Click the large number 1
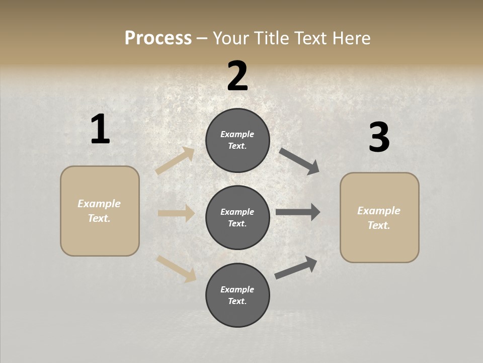pyautogui.click(x=100, y=130)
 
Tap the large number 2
pyautogui.click(x=237, y=76)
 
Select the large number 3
pyautogui.click(x=379, y=138)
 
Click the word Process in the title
pyautogui.click(x=158, y=38)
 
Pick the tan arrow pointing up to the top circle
pyautogui.click(x=175, y=161)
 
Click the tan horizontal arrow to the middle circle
pyautogui.click(x=176, y=213)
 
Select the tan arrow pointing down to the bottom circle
pyautogui.click(x=176, y=268)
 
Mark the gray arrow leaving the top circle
pyautogui.click(x=299, y=161)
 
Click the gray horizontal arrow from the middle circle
pyautogui.click(x=298, y=212)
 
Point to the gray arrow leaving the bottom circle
pyautogui.click(x=296, y=267)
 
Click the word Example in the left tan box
pyautogui.click(x=99, y=204)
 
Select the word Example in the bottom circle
pyautogui.click(x=237, y=289)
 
